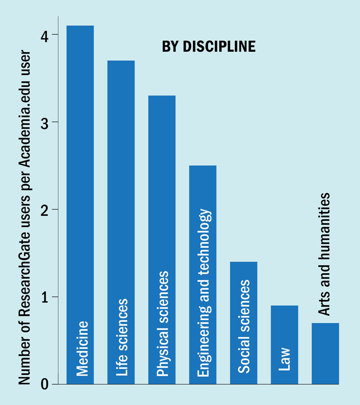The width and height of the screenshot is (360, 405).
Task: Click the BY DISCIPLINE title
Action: pos(209,47)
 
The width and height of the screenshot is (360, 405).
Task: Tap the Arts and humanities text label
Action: pos(325,254)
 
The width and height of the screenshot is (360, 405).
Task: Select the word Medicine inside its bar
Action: pos(82,348)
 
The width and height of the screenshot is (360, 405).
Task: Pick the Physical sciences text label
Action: pos(163,323)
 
